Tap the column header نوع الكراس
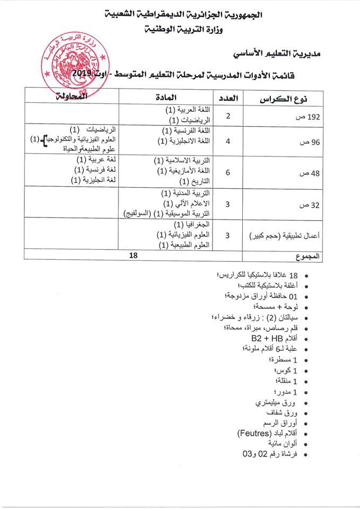coord(284,99)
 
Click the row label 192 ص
coord(311,117)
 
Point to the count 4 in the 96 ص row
coord(227,142)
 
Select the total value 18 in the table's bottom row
coord(134,255)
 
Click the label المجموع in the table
coord(308,257)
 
